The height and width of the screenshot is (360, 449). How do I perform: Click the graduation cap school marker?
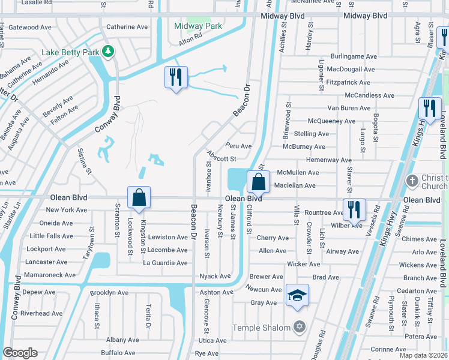click(297, 296)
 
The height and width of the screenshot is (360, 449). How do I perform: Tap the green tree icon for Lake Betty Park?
click(109, 52)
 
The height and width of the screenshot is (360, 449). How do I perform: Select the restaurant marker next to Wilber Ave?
click(354, 209)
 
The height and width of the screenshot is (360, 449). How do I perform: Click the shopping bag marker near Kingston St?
click(139, 197)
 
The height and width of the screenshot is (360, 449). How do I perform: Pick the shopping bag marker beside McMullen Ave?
click(258, 181)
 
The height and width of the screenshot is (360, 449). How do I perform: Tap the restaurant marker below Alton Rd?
click(176, 77)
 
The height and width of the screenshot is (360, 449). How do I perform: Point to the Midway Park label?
click(198, 26)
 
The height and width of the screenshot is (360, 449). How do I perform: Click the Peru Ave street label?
click(238, 146)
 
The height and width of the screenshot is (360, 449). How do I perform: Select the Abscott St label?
click(222, 159)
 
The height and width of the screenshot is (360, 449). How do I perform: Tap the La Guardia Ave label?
click(165, 263)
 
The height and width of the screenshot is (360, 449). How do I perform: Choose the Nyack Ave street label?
click(215, 276)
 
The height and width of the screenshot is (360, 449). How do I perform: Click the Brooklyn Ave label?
click(109, 293)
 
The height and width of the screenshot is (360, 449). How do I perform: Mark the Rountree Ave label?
click(324, 212)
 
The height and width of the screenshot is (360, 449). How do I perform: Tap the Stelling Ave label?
click(312, 134)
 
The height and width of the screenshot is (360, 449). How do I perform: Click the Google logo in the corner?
click(20, 353)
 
